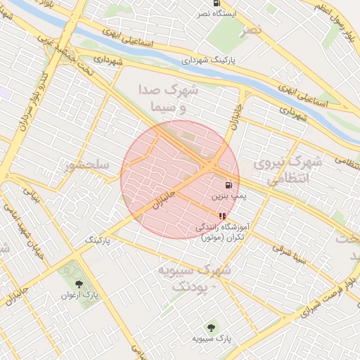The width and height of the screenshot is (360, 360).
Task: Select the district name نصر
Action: (254, 29)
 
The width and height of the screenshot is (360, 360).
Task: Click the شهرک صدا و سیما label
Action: (172, 99)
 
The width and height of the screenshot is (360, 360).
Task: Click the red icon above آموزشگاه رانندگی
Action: (222, 217)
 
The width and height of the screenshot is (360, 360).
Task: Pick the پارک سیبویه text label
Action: (212, 340)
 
